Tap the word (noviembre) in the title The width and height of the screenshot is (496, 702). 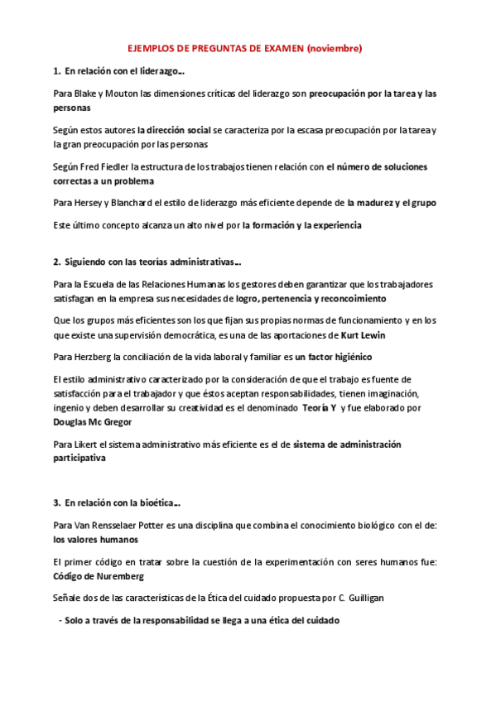[335, 49]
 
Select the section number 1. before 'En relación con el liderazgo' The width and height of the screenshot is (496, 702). [56, 71]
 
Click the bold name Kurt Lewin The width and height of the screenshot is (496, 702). [363, 334]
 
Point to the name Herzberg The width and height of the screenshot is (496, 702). [91, 357]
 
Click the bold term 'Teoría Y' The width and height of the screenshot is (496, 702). [319, 407]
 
